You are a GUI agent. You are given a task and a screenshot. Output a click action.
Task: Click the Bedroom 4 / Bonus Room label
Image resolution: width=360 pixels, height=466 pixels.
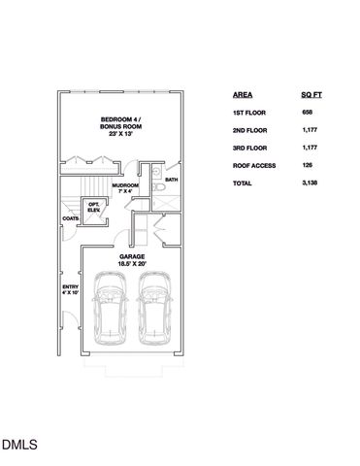point(119,126)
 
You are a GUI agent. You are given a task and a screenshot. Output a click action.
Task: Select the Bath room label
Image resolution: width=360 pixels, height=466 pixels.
point(171,181)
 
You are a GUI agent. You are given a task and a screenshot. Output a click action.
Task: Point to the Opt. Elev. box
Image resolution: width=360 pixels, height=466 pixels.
point(94,208)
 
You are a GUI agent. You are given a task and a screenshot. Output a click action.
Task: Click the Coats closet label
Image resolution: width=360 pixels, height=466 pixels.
point(70,218)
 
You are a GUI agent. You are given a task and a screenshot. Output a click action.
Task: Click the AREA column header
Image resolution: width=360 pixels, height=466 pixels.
point(243,95)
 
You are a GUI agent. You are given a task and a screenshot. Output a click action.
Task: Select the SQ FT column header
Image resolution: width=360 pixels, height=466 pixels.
point(311,95)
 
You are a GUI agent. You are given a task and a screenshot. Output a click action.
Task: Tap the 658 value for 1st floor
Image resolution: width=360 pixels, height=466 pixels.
point(308,114)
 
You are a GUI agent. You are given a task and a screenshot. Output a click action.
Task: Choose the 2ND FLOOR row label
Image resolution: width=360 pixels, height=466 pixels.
point(250,131)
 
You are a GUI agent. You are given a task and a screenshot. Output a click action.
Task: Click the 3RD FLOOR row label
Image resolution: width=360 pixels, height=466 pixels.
point(250,149)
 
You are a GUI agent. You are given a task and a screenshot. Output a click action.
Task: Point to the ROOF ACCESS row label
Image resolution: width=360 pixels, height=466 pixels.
point(254,166)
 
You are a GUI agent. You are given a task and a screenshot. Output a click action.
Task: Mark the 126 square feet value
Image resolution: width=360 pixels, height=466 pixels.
point(308,166)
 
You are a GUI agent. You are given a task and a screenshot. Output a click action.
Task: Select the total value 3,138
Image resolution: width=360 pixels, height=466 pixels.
point(311,183)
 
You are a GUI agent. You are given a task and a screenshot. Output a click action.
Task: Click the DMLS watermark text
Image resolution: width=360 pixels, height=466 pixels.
point(19,446)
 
